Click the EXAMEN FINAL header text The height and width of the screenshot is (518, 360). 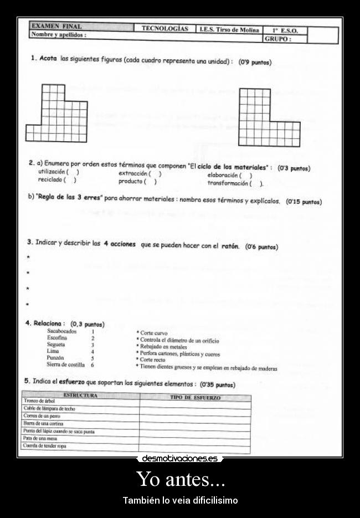click(56, 26)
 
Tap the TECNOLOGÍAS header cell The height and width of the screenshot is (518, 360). click(164, 28)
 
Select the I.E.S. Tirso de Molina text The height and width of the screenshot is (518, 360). click(229, 30)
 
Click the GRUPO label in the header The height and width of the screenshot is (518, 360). click(278, 39)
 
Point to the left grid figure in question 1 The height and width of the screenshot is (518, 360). click(56, 113)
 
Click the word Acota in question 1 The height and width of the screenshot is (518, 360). click(49, 58)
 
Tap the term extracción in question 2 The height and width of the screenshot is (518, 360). click(133, 173)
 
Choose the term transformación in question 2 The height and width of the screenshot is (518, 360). click(228, 183)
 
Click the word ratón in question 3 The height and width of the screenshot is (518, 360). click(230, 246)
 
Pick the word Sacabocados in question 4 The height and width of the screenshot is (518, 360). click(62, 331)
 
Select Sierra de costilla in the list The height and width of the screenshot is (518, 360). click(66, 365)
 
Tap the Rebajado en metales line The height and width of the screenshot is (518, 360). click(164, 347)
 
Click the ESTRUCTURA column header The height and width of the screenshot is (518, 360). click(80, 396)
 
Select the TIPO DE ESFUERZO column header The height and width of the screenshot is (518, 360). click(195, 398)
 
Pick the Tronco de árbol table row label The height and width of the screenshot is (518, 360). click(39, 401)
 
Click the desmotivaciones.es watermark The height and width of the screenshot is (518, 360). click(179, 459)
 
